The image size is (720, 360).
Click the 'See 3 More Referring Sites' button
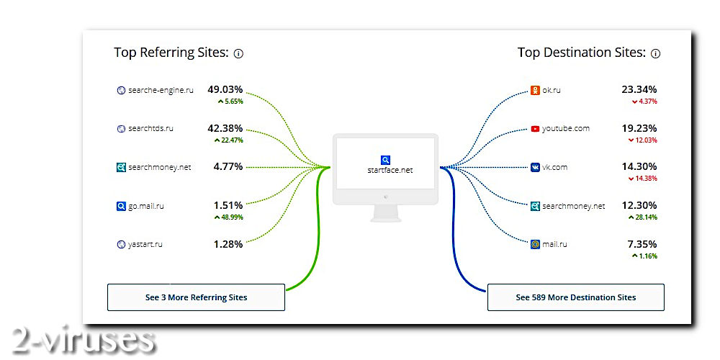coord(196,297)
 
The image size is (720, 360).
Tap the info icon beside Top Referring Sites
coord(238,53)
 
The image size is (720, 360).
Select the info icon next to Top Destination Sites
coord(655,53)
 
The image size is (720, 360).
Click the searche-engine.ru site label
coord(161,90)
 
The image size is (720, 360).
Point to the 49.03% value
coord(225,90)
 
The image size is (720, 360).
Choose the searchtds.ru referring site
coord(150,128)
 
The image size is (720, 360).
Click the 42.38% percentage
coord(225,128)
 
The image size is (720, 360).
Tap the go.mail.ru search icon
coord(121,206)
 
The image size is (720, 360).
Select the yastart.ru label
coord(146,244)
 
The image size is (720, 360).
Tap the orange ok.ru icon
coord(535,91)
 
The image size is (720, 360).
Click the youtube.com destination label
coord(566,129)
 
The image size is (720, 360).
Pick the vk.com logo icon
coord(535,167)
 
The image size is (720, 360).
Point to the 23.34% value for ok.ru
coord(639,90)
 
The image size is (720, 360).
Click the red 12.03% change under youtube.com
coord(644,140)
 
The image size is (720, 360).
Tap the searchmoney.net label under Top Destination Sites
coord(574,206)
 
